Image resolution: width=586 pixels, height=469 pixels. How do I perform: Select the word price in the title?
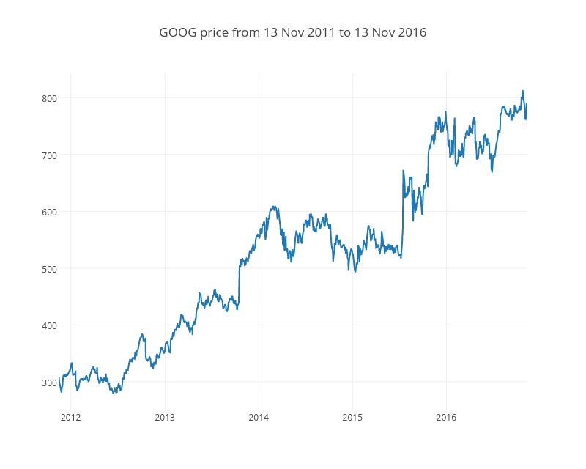(x=214, y=33)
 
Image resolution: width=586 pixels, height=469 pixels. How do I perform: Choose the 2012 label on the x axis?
(x=71, y=418)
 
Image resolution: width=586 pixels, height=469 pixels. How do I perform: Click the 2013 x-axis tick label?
(x=165, y=418)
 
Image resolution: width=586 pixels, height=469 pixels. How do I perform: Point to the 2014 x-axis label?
(x=259, y=418)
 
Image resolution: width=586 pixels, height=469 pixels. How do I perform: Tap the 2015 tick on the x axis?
(x=352, y=418)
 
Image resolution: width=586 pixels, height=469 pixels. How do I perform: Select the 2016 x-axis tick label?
(x=446, y=418)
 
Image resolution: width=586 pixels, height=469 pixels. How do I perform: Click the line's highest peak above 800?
(x=522, y=91)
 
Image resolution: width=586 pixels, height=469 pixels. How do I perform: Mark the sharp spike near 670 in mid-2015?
(x=403, y=171)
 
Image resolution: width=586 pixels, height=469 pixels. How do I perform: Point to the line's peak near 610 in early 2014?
(x=273, y=207)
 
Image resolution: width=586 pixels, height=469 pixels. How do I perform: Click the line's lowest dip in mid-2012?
(x=114, y=393)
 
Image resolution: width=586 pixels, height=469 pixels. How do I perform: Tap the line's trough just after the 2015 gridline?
(x=356, y=272)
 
